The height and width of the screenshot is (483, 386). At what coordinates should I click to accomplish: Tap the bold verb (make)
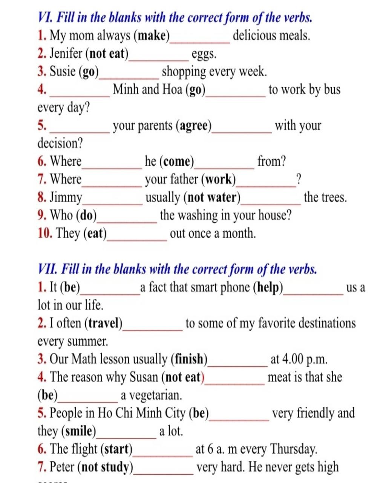tap(152, 36)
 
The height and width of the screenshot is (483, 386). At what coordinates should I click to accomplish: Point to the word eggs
tap(204, 54)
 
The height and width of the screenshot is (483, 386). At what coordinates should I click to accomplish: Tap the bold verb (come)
tap(177, 162)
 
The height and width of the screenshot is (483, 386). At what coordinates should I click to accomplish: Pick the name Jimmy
tap(66, 197)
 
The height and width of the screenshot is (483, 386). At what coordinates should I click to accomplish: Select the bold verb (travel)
tap(104, 323)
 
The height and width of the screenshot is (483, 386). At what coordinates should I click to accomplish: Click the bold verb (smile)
tap(78, 431)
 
